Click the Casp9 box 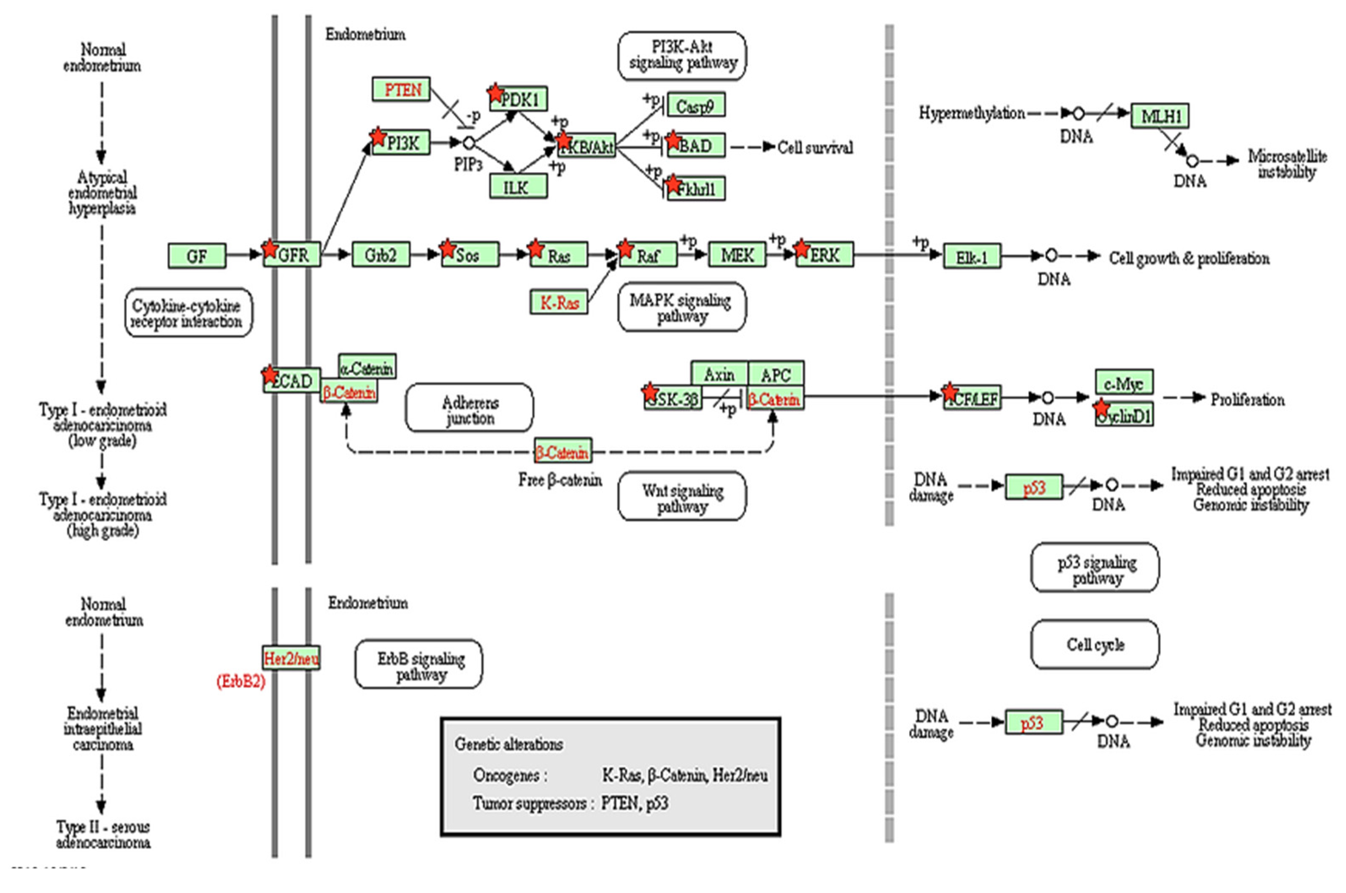click(x=695, y=105)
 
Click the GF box click(x=197, y=256)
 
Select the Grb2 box click(x=381, y=255)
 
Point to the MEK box click(x=737, y=255)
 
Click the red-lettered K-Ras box click(x=559, y=302)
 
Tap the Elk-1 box click(x=971, y=257)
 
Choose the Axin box click(x=719, y=374)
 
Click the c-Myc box click(x=1124, y=383)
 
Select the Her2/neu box click(x=291, y=659)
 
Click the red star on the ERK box click(x=801, y=248)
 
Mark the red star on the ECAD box click(x=270, y=374)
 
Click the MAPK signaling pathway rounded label click(x=681, y=308)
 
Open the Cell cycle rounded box click(x=1094, y=645)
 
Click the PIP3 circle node click(x=468, y=143)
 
